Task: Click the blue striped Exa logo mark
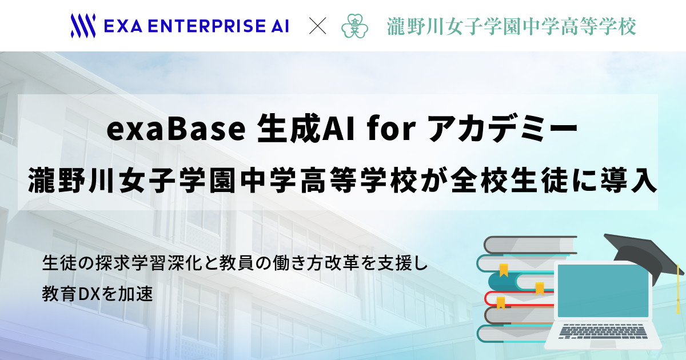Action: [x=83, y=26]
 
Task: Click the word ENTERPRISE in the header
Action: [x=207, y=26]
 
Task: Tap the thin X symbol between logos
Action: [x=318, y=26]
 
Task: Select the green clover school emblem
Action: [x=354, y=26]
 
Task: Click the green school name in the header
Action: [x=512, y=26]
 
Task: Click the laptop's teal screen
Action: [x=603, y=291]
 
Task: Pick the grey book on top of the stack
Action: [x=531, y=245]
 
